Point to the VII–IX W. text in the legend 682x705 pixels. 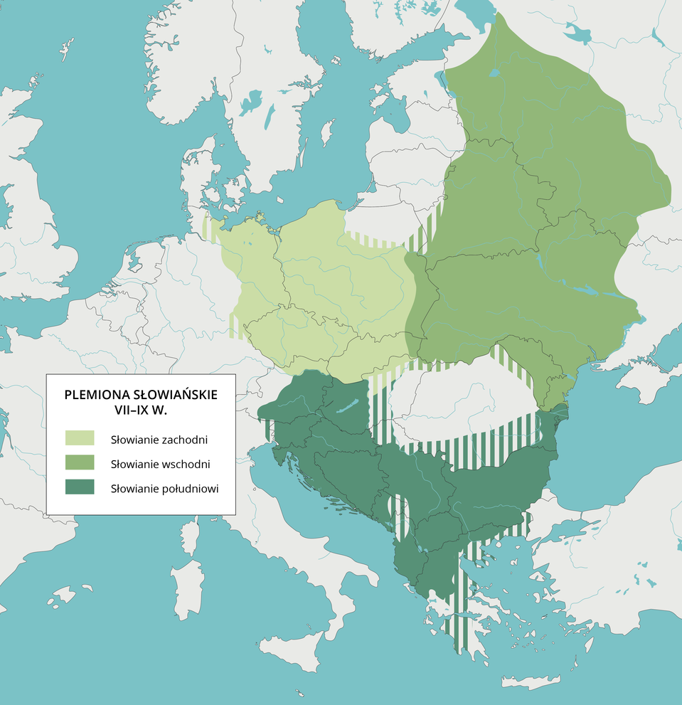pyautogui.click(x=140, y=411)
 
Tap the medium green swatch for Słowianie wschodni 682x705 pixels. pyautogui.click(x=79, y=463)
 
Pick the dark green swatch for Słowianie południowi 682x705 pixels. pyautogui.click(x=79, y=487)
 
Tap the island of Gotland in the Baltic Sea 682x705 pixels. pyautogui.click(x=328, y=132)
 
